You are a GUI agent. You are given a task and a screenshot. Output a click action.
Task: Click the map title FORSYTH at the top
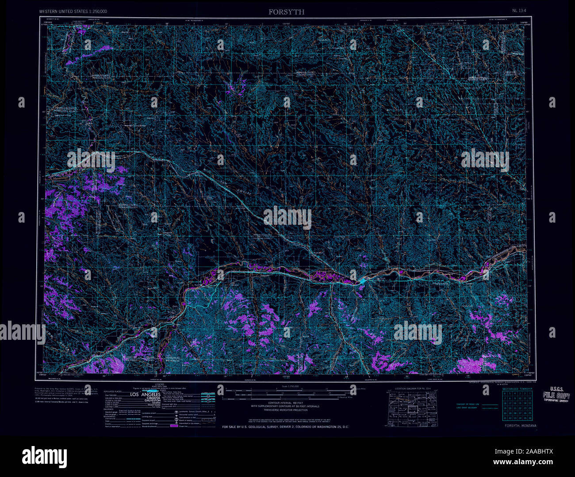286,12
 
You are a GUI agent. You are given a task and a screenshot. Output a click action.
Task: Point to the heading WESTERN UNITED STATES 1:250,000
73,11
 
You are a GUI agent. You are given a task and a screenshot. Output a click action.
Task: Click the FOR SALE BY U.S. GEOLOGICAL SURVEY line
285,427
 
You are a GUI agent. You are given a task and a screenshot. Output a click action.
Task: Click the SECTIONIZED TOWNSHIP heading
516,388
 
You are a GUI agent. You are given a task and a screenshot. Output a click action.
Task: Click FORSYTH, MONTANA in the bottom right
520,426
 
